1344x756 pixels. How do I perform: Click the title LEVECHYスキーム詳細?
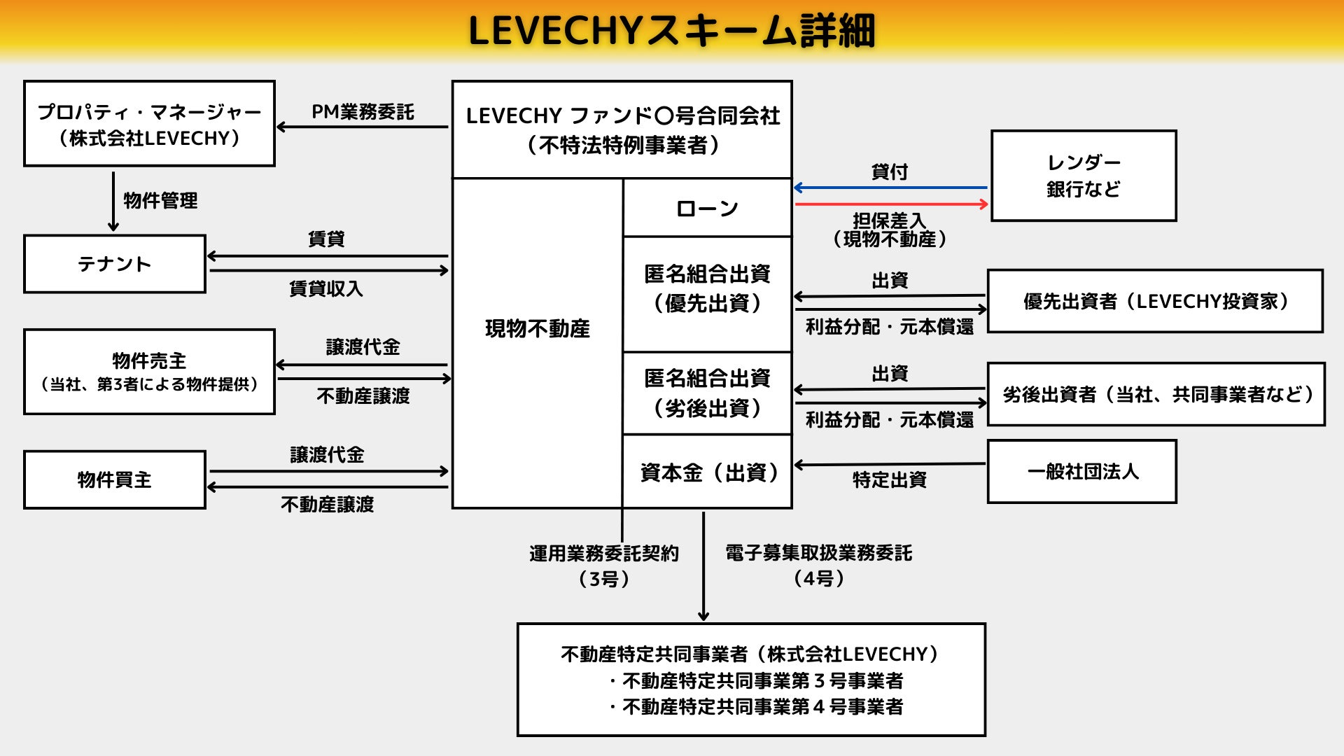671,31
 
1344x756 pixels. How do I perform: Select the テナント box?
115,264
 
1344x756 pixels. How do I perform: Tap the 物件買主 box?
115,479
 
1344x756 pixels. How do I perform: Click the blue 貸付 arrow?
890,188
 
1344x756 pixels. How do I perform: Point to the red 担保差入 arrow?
890,204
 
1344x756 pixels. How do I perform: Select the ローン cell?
707,208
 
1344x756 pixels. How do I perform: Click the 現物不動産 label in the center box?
537,328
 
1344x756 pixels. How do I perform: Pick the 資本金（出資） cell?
707,472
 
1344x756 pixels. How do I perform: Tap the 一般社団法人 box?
1082,472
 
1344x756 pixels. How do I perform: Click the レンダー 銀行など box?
1084,176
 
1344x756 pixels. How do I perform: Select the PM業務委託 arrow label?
363,112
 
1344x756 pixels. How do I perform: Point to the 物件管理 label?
160,201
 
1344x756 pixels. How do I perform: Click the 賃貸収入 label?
326,288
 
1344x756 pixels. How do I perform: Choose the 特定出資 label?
890,480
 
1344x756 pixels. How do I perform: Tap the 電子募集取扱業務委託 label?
818,553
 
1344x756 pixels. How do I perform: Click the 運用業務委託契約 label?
603,554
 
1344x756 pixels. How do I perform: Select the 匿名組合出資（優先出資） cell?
707,288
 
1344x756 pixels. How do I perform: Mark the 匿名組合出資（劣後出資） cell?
707,393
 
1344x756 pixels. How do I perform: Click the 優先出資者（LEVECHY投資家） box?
1155,301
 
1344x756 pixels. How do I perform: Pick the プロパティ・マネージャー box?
149,124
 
